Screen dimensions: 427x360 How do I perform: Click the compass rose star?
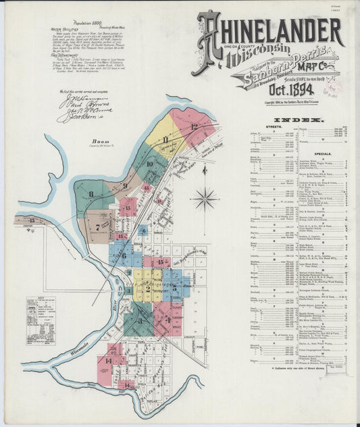point(204,199)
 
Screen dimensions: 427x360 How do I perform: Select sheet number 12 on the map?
point(194,126)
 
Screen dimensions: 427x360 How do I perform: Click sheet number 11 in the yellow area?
point(165,140)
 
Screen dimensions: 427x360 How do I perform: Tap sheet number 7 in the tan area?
point(99,228)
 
